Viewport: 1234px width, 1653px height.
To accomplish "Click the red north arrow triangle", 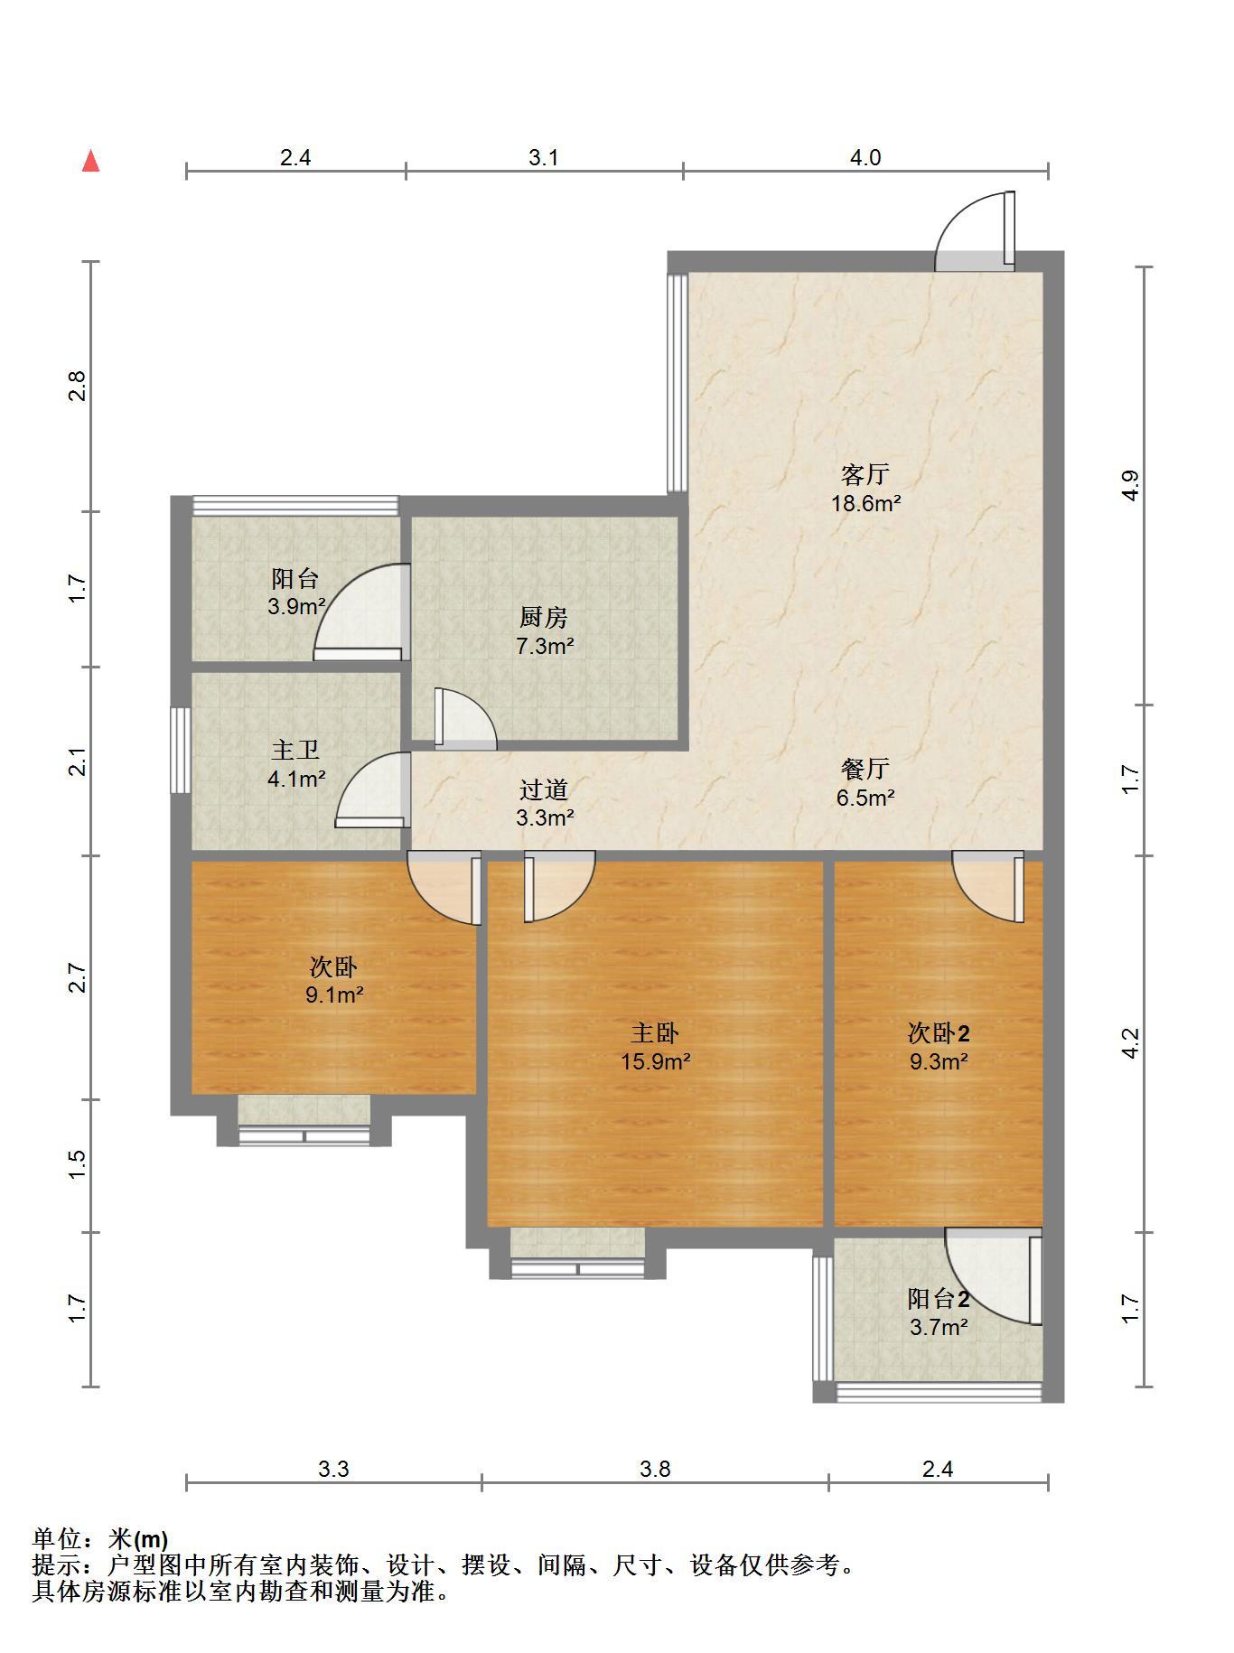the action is pyautogui.click(x=90, y=162).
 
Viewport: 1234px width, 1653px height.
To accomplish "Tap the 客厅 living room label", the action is pyautogui.click(x=865, y=474).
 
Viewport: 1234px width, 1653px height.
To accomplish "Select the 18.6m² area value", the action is pyautogui.click(x=865, y=504).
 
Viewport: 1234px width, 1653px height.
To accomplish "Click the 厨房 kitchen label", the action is pyautogui.click(x=544, y=618).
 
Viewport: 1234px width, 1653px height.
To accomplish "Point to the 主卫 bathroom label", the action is pyautogui.click(x=295, y=750).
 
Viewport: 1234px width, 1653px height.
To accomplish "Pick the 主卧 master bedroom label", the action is pyautogui.click(x=655, y=1032).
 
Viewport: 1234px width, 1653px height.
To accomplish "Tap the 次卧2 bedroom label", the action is pyautogui.click(x=939, y=1032).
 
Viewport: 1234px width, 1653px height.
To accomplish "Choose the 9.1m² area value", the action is pyautogui.click(x=334, y=995).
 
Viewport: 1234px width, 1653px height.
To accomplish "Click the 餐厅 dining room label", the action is pyautogui.click(x=865, y=769).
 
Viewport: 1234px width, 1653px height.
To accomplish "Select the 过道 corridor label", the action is pyautogui.click(x=544, y=789).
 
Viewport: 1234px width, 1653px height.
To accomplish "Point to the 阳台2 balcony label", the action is pyautogui.click(x=939, y=1299).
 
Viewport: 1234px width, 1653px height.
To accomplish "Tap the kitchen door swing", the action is pyautogui.click(x=465, y=719).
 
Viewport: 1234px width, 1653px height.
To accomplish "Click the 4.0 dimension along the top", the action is pyautogui.click(x=865, y=157).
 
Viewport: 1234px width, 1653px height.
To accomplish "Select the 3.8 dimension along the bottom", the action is pyautogui.click(x=655, y=1469).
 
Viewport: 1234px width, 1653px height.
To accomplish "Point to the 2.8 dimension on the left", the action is pyautogui.click(x=79, y=386).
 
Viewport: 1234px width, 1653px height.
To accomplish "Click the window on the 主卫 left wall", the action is pyautogui.click(x=181, y=750).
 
